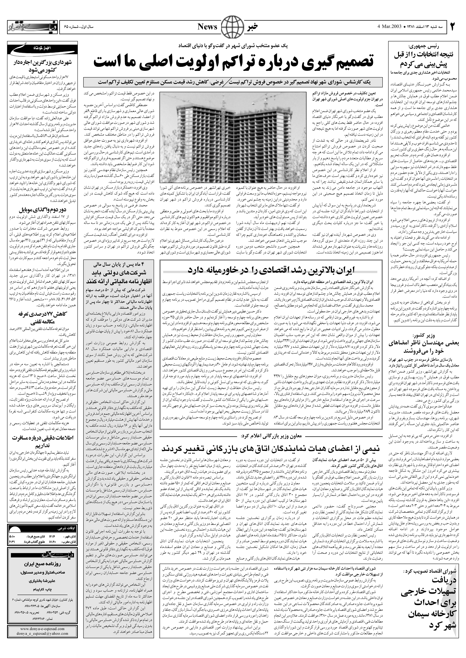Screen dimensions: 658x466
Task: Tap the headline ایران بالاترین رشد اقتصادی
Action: [271, 269]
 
